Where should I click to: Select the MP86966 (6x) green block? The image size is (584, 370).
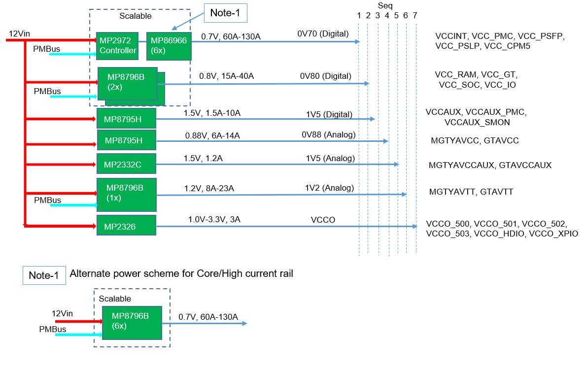point(169,45)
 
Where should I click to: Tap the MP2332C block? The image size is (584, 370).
point(126,164)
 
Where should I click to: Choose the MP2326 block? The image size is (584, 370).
point(126,227)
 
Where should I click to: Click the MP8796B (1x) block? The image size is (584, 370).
point(126,194)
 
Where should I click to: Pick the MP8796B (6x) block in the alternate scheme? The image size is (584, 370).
point(132,322)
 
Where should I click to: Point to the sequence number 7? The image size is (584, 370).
point(415,16)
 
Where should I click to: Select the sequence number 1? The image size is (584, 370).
point(359,16)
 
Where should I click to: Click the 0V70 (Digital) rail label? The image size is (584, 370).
point(323,34)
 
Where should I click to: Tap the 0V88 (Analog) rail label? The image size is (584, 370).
point(329,135)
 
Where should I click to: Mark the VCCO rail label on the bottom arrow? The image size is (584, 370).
point(323,220)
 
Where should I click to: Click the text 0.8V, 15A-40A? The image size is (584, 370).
point(226,76)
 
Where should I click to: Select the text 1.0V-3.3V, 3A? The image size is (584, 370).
point(214,220)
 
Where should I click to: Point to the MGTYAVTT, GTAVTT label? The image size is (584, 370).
point(472,192)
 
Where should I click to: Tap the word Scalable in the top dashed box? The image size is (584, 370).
point(136,16)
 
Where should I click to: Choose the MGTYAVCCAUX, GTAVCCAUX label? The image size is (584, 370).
point(490,165)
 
